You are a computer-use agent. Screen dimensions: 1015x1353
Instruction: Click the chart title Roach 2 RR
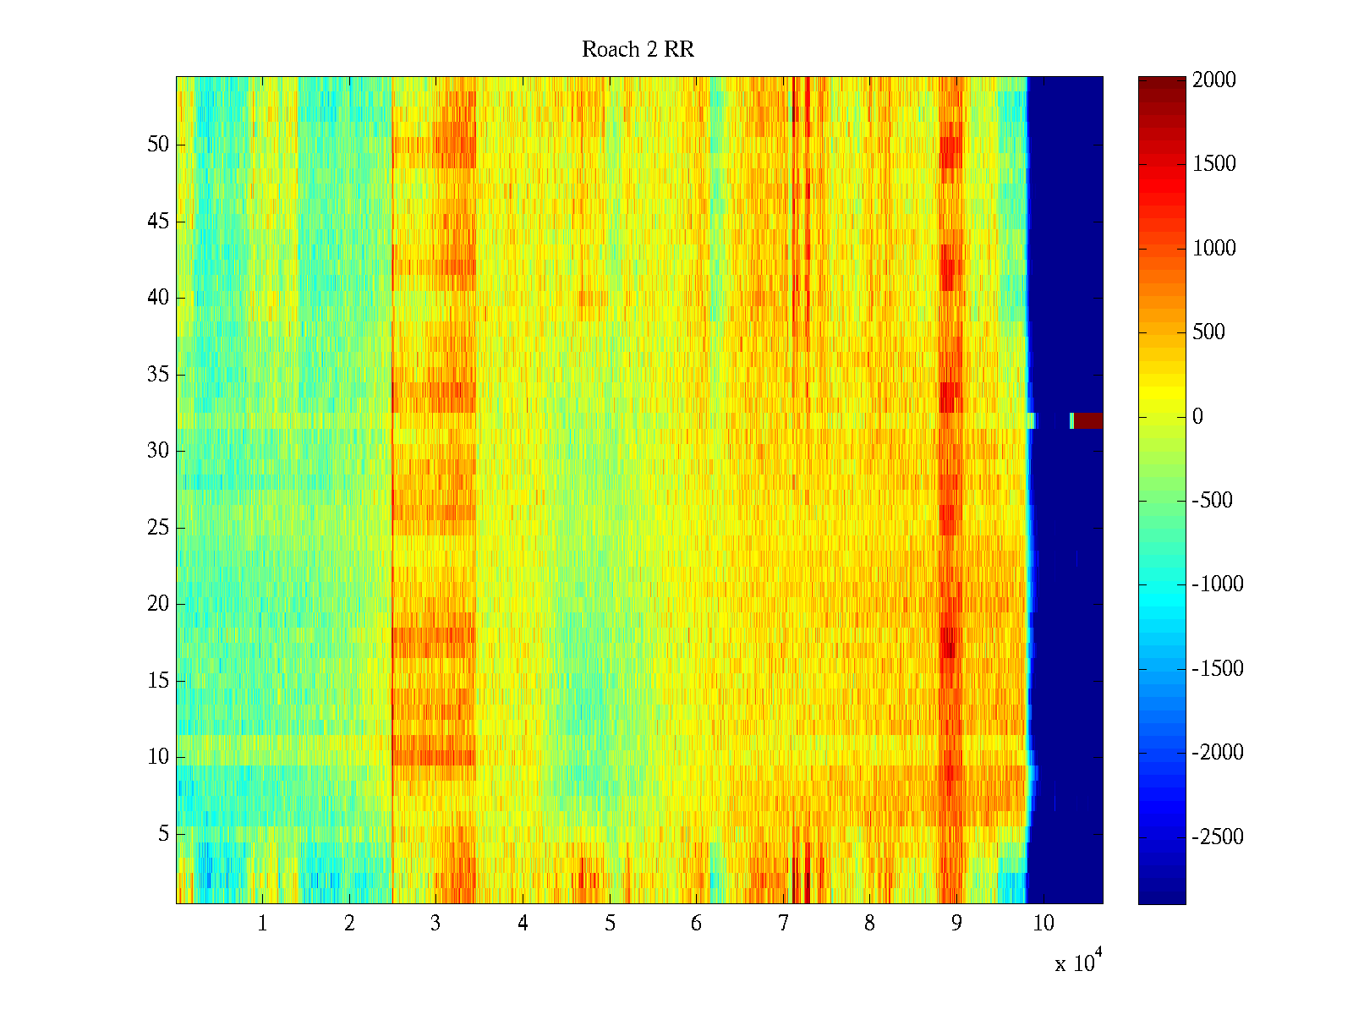(638, 50)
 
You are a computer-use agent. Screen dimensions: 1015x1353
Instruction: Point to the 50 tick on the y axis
(158, 145)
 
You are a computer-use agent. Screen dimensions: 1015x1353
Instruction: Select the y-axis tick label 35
(158, 375)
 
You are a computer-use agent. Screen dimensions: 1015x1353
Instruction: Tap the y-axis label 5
(163, 834)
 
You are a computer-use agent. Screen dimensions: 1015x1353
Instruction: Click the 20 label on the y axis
(158, 604)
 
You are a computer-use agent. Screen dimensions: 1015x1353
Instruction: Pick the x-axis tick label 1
(262, 924)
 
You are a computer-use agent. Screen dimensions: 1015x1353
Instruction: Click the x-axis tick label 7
(783, 924)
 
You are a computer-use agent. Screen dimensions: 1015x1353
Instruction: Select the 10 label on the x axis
(1044, 924)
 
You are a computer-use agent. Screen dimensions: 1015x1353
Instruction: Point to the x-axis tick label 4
(523, 924)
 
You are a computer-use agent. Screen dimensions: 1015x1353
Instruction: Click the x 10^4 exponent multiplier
(1078, 962)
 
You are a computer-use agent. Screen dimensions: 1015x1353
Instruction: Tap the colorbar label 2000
(1214, 80)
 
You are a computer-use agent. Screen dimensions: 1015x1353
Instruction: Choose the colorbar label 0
(1197, 416)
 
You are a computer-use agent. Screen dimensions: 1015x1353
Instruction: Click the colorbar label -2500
(1218, 837)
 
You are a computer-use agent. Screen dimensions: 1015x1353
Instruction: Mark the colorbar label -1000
(1218, 584)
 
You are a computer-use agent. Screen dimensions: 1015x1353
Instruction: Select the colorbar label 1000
(1214, 248)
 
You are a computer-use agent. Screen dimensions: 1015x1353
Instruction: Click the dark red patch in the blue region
(1088, 420)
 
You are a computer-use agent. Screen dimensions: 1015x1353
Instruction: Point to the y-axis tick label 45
(158, 222)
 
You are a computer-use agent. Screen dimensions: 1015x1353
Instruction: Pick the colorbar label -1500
(1218, 669)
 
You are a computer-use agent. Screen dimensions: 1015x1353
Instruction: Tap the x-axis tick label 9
(956, 924)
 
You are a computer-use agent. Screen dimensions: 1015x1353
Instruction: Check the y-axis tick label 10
(158, 757)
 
